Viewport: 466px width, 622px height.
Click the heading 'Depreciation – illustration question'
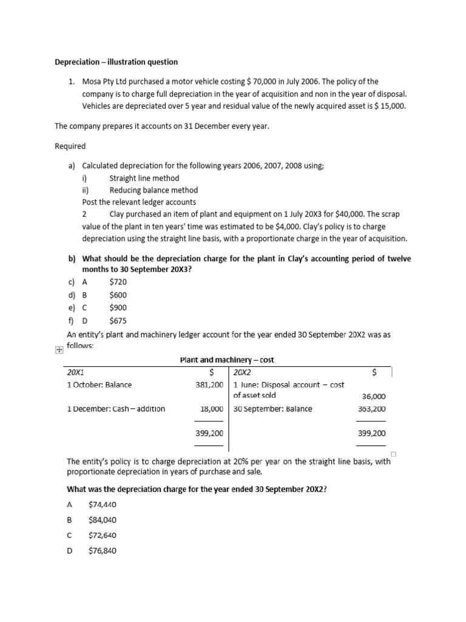coord(116,62)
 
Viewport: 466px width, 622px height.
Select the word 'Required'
coord(70,146)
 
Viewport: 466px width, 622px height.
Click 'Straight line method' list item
coord(144,178)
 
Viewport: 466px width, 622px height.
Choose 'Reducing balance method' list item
coord(154,190)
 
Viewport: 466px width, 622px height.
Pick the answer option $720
coord(118,282)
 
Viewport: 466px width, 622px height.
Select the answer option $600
coord(118,295)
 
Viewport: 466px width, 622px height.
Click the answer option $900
coord(118,307)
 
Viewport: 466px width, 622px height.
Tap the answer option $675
coord(118,321)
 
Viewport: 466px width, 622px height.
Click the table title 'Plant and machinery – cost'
coord(227,360)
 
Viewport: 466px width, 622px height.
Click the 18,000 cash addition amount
coord(212,409)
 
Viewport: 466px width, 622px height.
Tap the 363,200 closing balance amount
coord(372,409)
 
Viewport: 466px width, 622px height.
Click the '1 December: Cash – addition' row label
coord(116,409)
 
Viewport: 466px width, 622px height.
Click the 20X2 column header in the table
coord(242,372)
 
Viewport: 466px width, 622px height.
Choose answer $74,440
coord(102,504)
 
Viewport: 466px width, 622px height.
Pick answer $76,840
coord(102,551)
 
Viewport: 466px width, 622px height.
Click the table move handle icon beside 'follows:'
coord(58,350)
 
